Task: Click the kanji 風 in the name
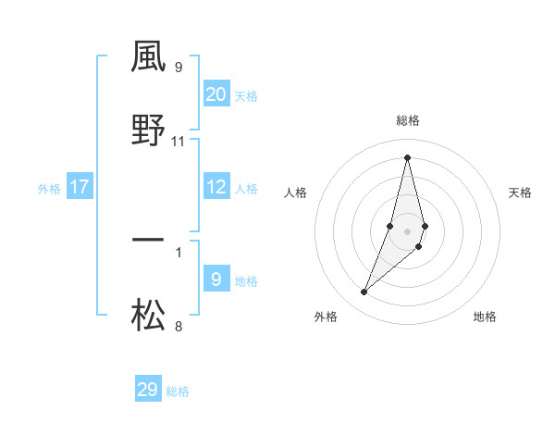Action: (148, 57)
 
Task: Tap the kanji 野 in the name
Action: (148, 130)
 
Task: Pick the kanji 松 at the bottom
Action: (148, 316)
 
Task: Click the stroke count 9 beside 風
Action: (179, 67)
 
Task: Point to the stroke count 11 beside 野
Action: (179, 142)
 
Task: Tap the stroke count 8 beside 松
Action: (179, 326)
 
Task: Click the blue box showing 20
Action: (216, 94)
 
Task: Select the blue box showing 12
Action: (216, 187)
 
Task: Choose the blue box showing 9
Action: (216, 280)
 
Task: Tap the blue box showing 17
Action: (80, 187)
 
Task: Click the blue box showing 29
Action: (148, 390)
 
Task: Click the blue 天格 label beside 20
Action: (246, 96)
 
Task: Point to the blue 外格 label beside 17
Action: (49, 189)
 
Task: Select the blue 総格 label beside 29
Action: (178, 391)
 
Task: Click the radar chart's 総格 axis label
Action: (408, 120)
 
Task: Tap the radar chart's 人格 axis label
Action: (296, 193)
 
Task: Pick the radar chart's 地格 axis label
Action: (485, 317)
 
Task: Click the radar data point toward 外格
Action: (364, 292)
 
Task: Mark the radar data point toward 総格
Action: (407, 157)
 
